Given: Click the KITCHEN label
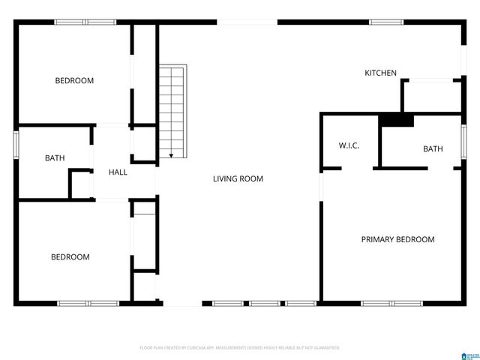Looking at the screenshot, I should point(380,73).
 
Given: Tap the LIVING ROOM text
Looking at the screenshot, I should point(238,178).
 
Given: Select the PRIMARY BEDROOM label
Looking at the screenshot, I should point(397,239).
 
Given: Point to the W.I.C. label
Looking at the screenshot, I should point(349,145).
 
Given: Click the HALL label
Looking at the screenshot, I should point(118,172).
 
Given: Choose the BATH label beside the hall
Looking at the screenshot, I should point(55,158).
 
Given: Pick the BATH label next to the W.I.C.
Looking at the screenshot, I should point(433,148).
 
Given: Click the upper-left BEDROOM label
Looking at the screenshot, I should point(74,80).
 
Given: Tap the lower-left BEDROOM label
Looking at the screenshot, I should point(70,256).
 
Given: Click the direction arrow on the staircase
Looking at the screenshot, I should point(172,155).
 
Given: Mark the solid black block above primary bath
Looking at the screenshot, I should point(396,120).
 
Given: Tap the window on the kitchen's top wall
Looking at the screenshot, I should point(385,22).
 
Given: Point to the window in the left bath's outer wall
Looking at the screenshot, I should point(16,145).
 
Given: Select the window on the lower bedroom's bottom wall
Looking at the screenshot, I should point(88,303).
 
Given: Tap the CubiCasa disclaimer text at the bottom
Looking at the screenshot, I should point(240,348).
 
